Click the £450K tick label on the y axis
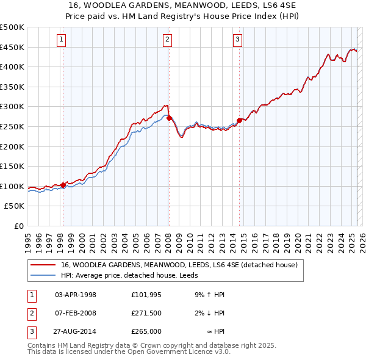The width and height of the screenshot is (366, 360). click(x=12, y=47)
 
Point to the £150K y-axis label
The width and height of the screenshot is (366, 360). click(x=12, y=166)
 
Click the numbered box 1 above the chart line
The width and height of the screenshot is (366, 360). click(x=62, y=40)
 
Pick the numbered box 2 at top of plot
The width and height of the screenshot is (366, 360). click(x=167, y=40)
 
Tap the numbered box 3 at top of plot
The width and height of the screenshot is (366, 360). click(x=237, y=40)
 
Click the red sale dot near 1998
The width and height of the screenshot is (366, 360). click(x=63, y=185)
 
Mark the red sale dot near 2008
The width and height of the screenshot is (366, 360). click(x=169, y=118)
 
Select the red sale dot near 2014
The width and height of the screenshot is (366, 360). click(x=239, y=121)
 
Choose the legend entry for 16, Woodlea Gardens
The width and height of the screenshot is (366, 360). click(x=179, y=265)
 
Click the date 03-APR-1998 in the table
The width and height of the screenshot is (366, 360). click(x=76, y=295)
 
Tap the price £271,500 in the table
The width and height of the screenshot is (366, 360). click(x=146, y=313)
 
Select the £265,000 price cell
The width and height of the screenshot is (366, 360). click(x=146, y=331)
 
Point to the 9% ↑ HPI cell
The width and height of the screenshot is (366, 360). click(x=210, y=295)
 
